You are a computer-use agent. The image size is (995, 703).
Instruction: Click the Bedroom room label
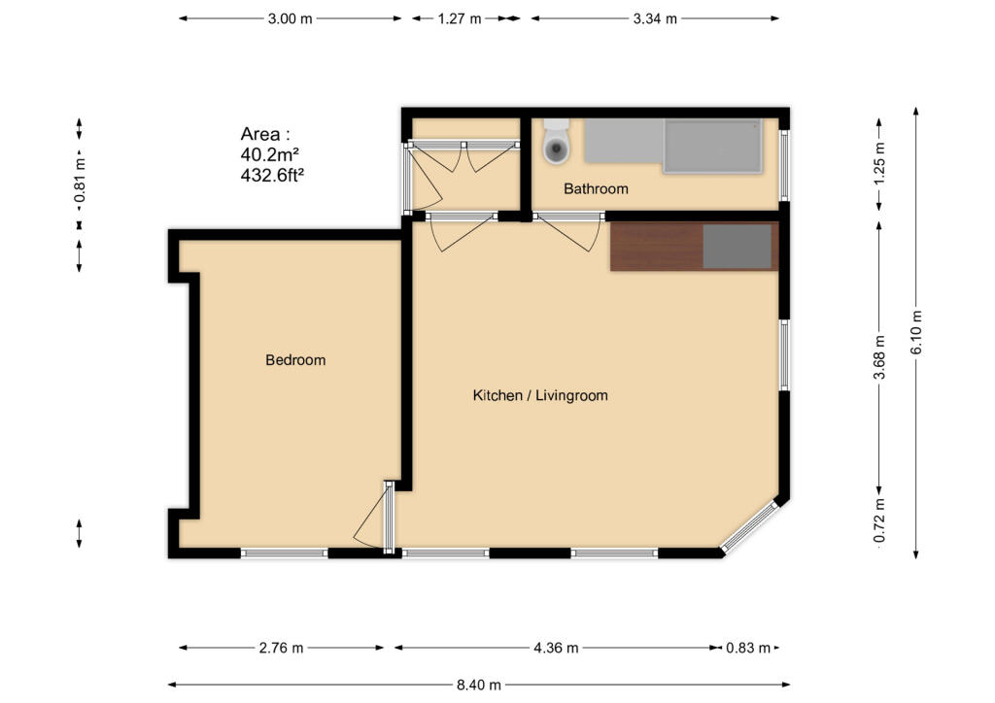click(x=295, y=360)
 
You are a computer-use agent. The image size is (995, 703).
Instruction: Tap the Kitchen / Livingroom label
click(x=540, y=395)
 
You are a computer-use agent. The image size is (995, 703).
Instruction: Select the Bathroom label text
click(x=596, y=189)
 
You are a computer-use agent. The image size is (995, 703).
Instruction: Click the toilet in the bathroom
click(x=557, y=142)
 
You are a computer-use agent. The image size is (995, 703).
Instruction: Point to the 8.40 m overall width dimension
click(x=478, y=685)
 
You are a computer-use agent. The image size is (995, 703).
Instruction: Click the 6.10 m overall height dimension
click(x=916, y=333)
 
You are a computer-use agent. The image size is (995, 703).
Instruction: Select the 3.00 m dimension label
click(x=290, y=19)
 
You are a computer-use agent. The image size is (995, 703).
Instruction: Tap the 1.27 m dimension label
click(x=460, y=19)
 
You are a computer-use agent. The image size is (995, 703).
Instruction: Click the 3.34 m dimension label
click(x=655, y=19)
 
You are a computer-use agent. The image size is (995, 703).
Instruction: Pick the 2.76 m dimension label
click(x=281, y=648)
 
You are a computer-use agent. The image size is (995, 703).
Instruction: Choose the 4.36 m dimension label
click(x=556, y=648)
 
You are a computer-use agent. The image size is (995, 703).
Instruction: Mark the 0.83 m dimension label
click(x=748, y=648)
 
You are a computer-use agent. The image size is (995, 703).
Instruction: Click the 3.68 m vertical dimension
click(x=879, y=357)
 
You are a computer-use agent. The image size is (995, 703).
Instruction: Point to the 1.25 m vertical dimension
click(x=879, y=163)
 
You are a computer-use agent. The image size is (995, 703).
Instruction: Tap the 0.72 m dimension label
click(x=879, y=521)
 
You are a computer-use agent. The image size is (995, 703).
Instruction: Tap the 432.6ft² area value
click(x=272, y=175)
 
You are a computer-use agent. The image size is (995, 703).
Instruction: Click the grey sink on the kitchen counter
click(x=738, y=246)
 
